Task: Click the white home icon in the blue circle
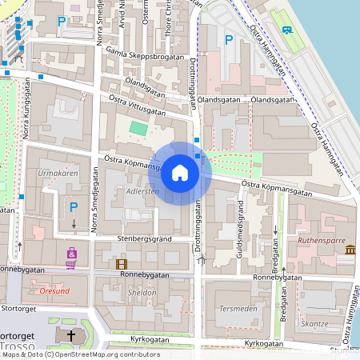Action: pos(180,171)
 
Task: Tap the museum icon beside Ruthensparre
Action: pos(350,251)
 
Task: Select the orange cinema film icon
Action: pos(122,263)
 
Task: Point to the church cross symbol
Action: pos(71,336)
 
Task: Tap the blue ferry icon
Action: pos(286,30)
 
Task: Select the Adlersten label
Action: pos(143,192)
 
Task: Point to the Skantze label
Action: pos(315,323)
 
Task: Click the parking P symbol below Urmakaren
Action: pos(74,206)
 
